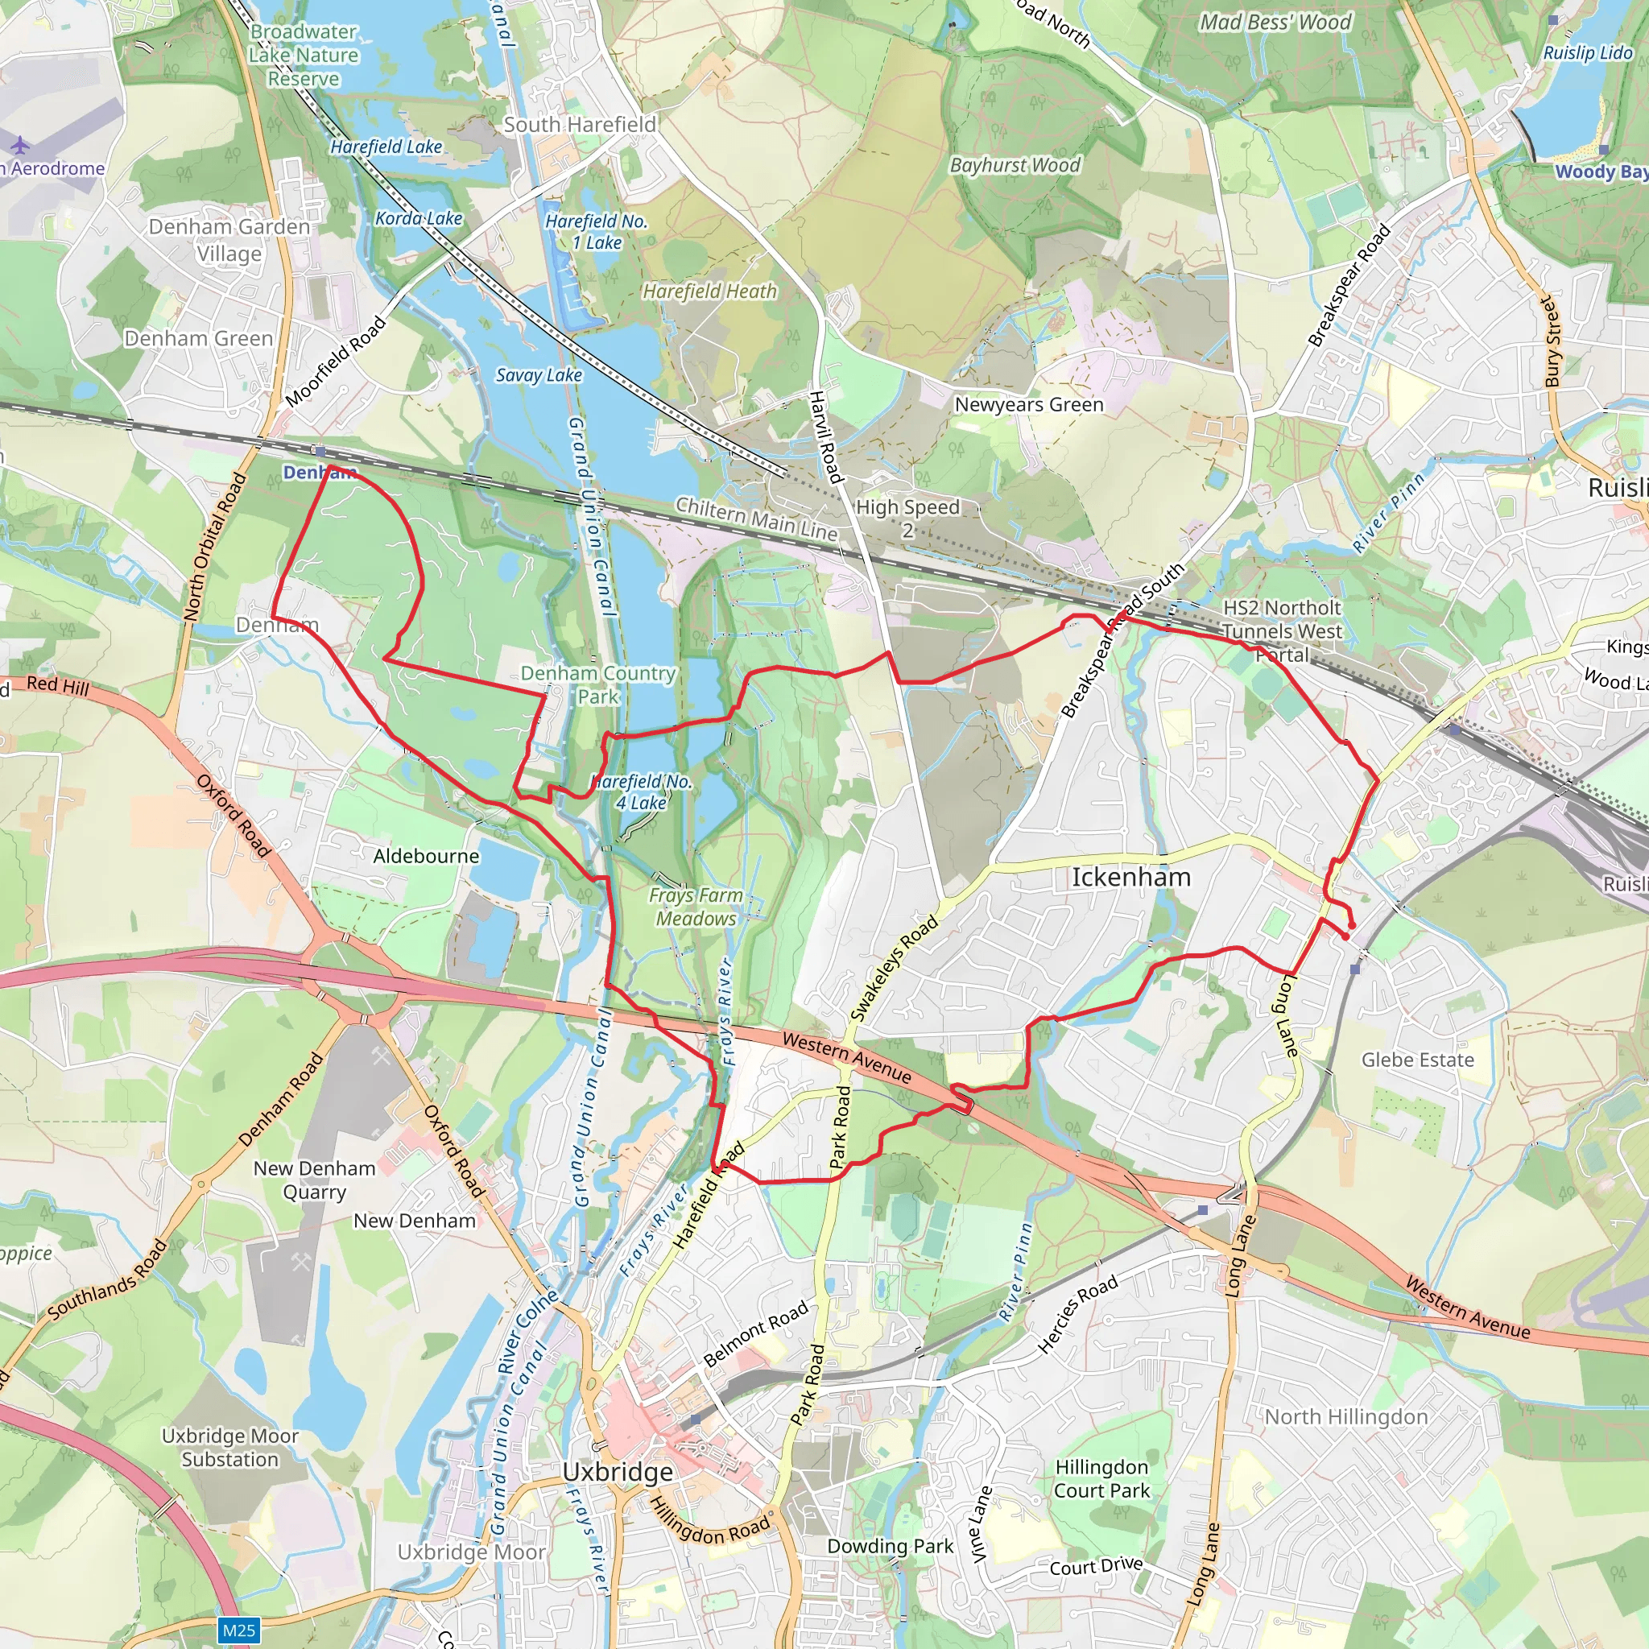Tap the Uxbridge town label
click(x=617, y=1472)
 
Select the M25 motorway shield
click(x=239, y=1630)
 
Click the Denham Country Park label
click(x=598, y=684)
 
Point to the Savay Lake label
click(x=539, y=374)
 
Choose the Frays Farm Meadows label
click(x=696, y=907)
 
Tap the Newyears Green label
click(x=1028, y=404)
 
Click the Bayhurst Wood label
click(x=1015, y=166)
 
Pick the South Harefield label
click(x=580, y=125)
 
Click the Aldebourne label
click(x=426, y=856)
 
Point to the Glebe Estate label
click(x=1417, y=1060)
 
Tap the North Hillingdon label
click(x=1345, y=1417)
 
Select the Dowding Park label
click(x=890, y=1546)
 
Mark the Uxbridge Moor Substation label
click(x=229, y=1448)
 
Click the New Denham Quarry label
click(x=314, y=1180)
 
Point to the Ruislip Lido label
click(x=1587, y=53)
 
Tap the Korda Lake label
click(x=418, y=218)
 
